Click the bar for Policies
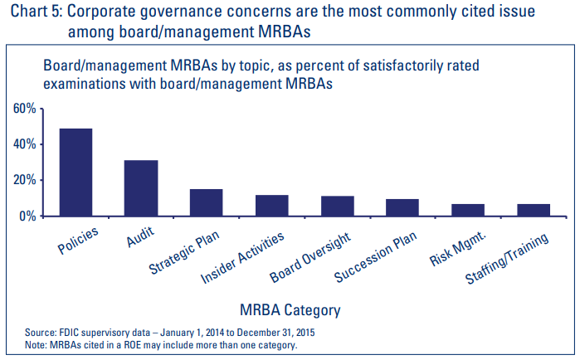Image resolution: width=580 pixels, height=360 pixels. point(76,173)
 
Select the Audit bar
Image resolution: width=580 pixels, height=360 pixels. point(141,188)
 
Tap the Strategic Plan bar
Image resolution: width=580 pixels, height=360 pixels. point(207,202)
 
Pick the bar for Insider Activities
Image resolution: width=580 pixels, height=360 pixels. point(271,206)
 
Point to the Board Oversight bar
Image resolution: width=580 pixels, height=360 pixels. point(337,207)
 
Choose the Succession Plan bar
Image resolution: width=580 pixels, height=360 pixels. point(402,207)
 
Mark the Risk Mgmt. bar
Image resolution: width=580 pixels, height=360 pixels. point(467,210)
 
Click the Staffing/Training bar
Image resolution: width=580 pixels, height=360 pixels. point(533,210)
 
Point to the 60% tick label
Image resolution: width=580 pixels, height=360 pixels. point(24,109)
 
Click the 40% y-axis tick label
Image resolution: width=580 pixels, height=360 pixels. point(24,144)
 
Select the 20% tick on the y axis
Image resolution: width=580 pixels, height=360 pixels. point(24,180)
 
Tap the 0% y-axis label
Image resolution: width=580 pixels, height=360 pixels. point(27,216)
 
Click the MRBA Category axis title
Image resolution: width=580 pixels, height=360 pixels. point(290,311)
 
